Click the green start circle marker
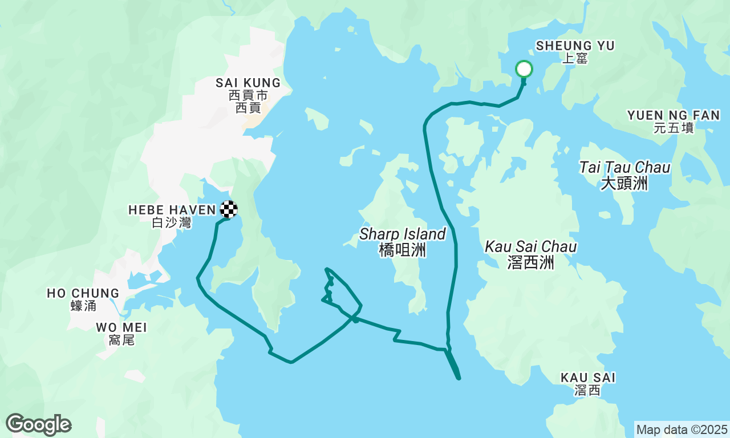524,70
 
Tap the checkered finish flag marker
229,209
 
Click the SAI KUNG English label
248,83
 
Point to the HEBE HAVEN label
172,210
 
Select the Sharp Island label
403,234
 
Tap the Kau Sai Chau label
531,247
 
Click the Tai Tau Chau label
624,168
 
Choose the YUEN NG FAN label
674,115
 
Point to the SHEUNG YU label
575,46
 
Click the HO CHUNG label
83,293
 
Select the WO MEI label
121,327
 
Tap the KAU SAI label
588,378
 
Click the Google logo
38,425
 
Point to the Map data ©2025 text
682,429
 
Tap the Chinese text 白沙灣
172,223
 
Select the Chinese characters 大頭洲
624,183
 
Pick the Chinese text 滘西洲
530,262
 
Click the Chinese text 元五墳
674,128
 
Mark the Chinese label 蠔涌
83,306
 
